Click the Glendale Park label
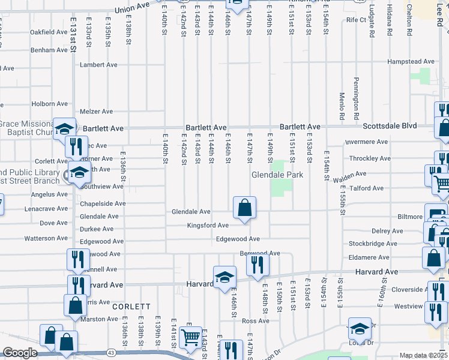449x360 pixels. pos(277,175)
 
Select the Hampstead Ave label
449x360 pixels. pos(411,61)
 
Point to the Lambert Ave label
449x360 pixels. pos(96,65)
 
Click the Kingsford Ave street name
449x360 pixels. pos(208,226)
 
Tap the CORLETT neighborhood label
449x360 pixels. pos(131,307)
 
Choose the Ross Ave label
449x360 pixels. pos(255,321)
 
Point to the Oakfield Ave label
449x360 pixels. pos(49,32)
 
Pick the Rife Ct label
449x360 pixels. pos(356,20)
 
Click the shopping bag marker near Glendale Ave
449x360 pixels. pos(244,208)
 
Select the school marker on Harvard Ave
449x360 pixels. pos(224,277)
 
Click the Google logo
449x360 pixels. pos(20,353)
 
